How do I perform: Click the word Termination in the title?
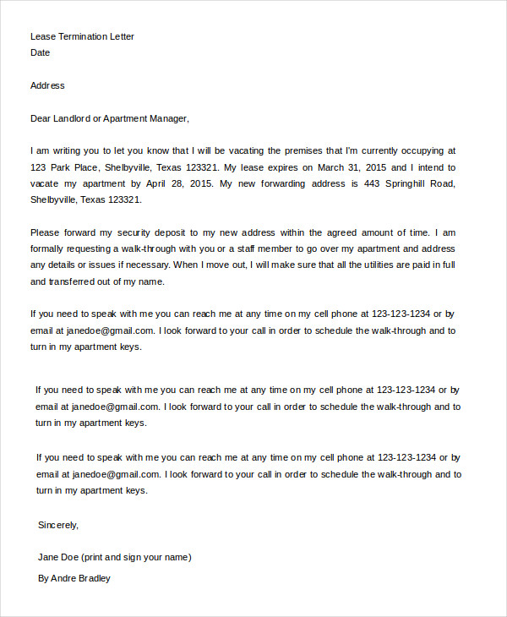click(x=82, y=36)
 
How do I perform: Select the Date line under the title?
click(x=40, y=52)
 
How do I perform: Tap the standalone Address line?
click(x=47, y=85)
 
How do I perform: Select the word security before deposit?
click(x=140, y=232)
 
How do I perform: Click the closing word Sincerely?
click(x=58, y=525)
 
